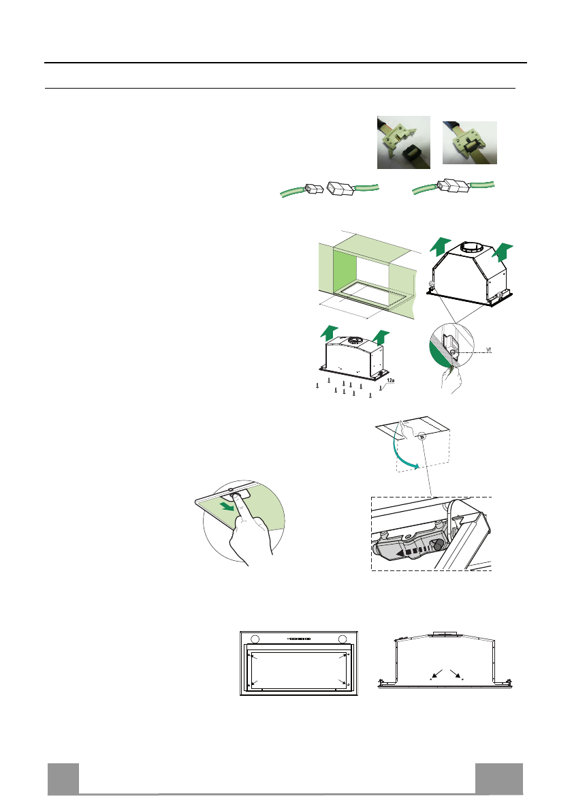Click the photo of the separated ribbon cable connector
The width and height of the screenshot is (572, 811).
(x=403, y=142)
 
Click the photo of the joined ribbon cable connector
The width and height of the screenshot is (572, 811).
(x=470, y=142)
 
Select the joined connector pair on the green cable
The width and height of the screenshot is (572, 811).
(x=450, y=185)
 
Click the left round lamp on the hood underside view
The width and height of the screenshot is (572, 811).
(x=255, y=639)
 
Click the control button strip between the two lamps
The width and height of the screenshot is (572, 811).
(x=299, y=639)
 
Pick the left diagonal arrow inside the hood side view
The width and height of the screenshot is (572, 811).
(x=436, y=675)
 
